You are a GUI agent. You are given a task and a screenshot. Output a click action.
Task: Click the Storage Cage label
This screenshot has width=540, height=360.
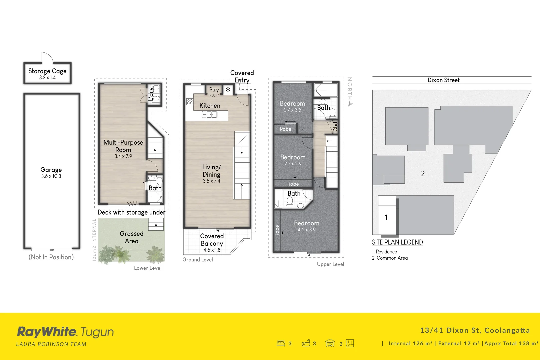tap(47, 71)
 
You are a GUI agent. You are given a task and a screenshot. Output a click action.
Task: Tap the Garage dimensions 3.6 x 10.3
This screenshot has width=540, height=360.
tap(51, 176)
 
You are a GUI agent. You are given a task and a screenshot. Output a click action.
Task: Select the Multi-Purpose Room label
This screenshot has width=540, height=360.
tap(123, 146)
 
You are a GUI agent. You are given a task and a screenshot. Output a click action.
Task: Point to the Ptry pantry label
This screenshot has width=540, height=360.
tap(214, 90)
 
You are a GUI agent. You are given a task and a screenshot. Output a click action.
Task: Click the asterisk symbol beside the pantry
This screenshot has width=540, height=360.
tap(228, 90)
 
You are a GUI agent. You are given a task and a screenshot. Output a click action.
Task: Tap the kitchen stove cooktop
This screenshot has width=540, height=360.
tap(190, 102)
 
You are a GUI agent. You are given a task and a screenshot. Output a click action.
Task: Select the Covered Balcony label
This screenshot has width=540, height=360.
tap(212, 240)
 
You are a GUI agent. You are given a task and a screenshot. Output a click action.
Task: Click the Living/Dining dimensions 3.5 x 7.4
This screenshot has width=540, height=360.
tap(211, 181)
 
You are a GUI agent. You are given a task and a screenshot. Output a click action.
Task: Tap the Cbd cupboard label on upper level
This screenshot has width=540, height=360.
tap(335, 126)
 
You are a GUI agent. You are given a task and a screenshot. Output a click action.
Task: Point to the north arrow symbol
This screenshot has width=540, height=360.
tap(350, 104)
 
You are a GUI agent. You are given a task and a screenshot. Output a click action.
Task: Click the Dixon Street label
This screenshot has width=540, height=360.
tap(443, 80)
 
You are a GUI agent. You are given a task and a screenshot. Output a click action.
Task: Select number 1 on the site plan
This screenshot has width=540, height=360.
tap(386, 218)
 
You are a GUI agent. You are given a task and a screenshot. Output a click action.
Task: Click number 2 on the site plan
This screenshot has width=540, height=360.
tap(423, 174)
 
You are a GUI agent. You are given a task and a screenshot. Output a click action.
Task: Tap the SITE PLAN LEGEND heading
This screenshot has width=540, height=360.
tap(397, 242)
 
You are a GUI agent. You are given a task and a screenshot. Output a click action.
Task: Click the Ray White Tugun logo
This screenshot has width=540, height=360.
tap(65, 332)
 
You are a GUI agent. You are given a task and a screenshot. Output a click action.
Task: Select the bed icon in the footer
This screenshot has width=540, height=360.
tap(281, 343)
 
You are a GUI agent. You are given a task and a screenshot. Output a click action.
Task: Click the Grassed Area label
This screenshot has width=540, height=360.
tap(132, 237)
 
